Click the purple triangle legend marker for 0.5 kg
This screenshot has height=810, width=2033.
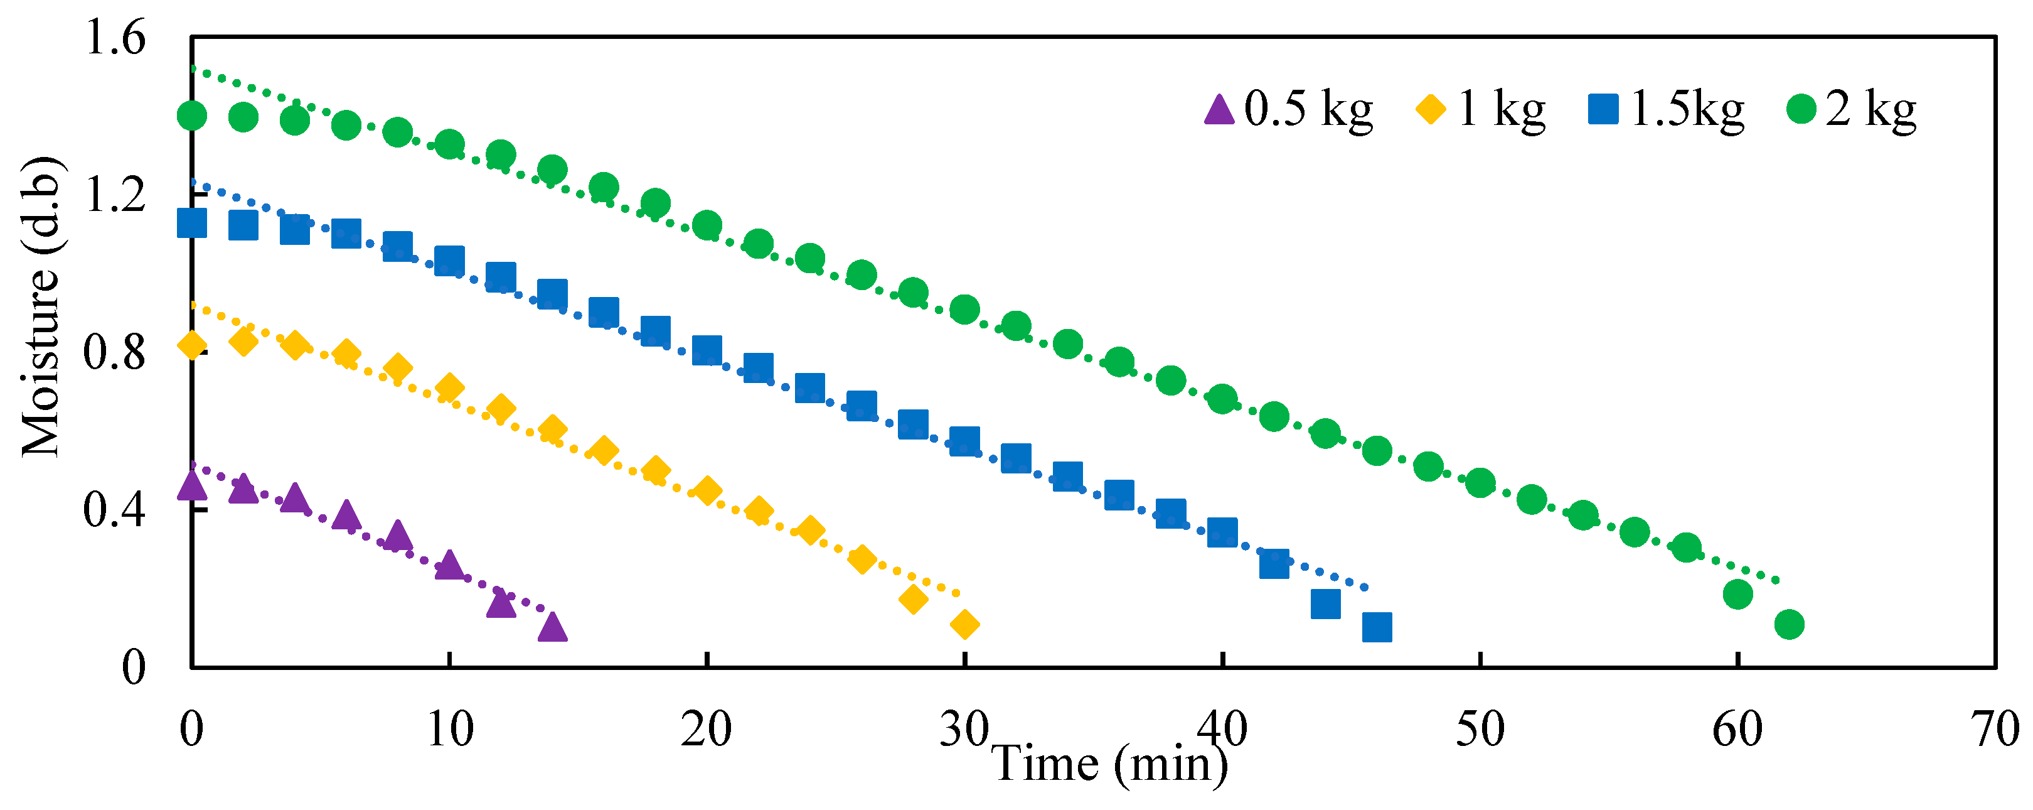coord(1219,109)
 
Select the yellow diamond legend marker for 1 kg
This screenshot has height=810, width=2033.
coord(1431,109)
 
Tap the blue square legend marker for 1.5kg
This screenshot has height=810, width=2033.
coord(1603,109)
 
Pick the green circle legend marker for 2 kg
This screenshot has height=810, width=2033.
coord(1801,109)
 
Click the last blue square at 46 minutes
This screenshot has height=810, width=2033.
coord(1377,628)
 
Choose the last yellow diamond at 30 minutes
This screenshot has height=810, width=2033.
coord(964,625)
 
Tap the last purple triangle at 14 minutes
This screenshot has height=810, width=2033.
coord(552,629)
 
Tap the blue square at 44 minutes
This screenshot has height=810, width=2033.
coord(1326,605)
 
